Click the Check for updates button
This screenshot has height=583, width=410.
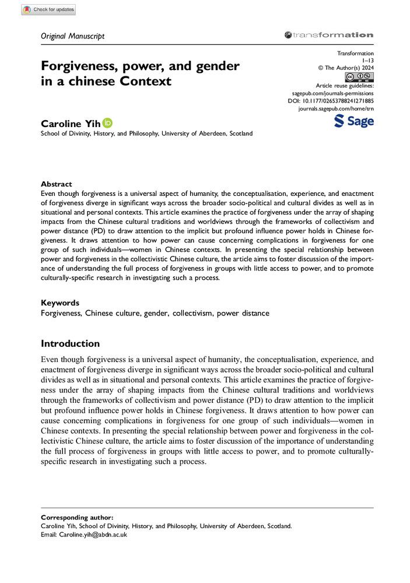(48, 10)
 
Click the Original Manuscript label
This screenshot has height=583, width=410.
(73, 36)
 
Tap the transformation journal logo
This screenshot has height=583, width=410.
(328, 36)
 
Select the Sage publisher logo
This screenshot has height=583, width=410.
(353, 121)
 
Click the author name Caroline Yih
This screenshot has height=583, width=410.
(69, 123)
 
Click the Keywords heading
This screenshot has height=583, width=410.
(60, 303)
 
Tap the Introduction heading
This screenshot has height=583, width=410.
(70, 343)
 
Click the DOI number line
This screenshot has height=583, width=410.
(331, 101)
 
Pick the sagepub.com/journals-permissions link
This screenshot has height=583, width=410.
(332, 93)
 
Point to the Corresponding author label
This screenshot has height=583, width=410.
(77, 518)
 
